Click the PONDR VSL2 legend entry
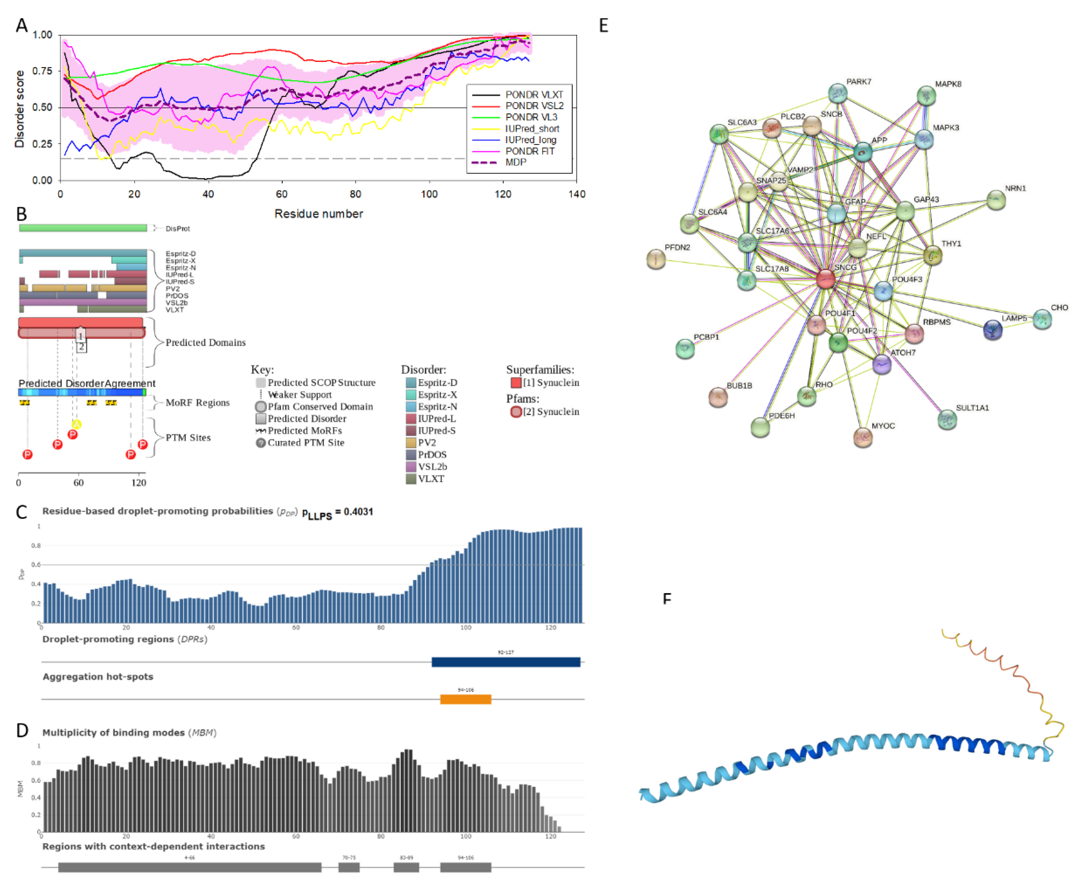point(533,106)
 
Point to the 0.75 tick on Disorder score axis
point(43,71)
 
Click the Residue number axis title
point(319,213)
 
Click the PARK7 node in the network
point(837,93)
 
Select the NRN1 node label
point(1015,188)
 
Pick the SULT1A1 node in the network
point(947,419)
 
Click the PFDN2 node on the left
point(656,260)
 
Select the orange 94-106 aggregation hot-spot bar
point(465,700)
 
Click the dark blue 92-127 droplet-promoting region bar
point(506,661)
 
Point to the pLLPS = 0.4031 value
point(338,512)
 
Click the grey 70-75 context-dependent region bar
point(349,867)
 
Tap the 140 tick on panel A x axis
point(576,194)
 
